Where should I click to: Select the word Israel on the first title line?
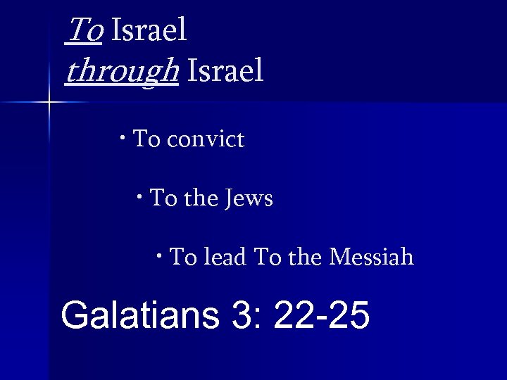[x=149, y=30]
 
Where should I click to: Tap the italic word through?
[x=120, y=71]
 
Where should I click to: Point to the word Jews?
[x=249, y=198]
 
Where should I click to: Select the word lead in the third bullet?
[x=225, y=257]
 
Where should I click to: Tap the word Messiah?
[x=371, y=257]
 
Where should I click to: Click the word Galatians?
[x=140, y=315]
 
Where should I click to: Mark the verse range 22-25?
[x=321, y=315]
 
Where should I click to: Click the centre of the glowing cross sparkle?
[x=49, y=103]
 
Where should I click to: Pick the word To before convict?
[x=146, y=139]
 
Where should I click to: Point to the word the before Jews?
[x=201, y=198]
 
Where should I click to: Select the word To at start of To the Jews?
[x=163, y=198]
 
